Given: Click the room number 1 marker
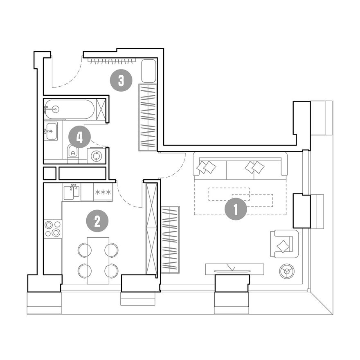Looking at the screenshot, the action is [236, 209].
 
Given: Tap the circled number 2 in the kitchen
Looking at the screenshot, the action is [97, 221].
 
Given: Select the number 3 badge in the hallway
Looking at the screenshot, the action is [121, 80].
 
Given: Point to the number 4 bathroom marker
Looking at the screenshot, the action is [79, 137].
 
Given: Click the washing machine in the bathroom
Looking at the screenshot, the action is [96, 155].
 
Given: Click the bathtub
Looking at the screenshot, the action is [69, 109].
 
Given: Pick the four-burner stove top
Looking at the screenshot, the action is [53, 229].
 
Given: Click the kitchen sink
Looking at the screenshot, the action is [72, 192].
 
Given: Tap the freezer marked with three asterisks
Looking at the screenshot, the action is [103, 192].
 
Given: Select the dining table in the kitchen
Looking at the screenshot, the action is [98, 260].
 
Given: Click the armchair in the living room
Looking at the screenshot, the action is [284, 244].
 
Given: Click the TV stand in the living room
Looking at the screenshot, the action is [234, 269].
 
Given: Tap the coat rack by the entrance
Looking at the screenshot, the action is [112, 61].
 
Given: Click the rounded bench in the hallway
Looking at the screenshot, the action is [149, 71].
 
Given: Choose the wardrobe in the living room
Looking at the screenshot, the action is [170, 239].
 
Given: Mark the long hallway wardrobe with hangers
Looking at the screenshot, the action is [148, 117].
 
